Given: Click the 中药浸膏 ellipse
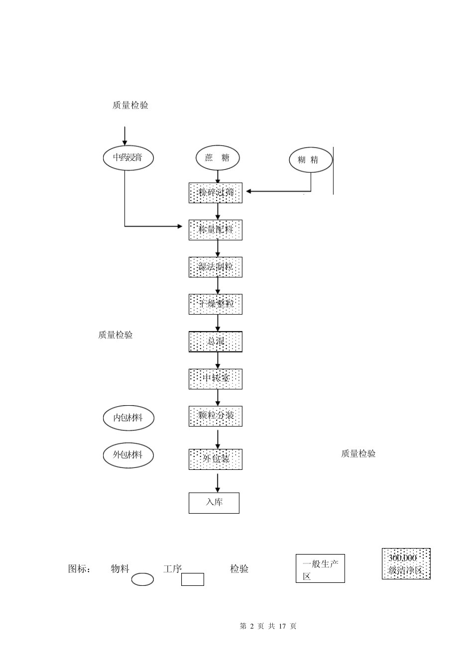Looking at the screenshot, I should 128,158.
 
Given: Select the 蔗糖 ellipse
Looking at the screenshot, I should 218,158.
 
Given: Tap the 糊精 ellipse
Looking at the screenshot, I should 311,160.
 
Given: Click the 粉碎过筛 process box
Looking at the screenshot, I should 216,193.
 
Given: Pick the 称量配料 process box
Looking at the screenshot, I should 216,230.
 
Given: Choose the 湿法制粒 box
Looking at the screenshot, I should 216,267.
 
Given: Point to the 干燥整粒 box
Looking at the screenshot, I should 216,304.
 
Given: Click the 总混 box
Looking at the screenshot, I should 216,341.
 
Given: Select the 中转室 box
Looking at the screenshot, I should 216,379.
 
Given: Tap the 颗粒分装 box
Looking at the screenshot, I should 216,416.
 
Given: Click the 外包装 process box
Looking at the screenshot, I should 216,459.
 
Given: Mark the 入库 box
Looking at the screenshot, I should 214,503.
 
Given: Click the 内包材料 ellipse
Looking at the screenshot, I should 128,418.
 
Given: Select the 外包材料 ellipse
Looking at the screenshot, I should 128,455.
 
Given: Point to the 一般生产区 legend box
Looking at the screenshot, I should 320,568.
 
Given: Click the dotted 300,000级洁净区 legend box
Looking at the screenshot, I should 406,564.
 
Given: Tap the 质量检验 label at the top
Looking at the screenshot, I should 130,106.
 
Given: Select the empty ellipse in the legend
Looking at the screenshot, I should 142,579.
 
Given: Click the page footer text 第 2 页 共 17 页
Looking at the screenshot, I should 268,626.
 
